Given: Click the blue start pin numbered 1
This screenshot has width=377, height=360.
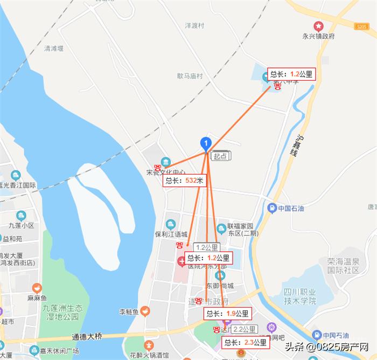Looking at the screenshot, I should (205, 143).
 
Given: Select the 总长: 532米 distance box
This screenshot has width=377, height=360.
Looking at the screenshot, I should (185, 181).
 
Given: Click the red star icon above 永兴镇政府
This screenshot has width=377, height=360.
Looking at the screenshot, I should (319, 25).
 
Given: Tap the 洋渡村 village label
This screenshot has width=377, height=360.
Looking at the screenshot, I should (194, 25).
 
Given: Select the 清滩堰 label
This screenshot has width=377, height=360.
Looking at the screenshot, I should (54, 48).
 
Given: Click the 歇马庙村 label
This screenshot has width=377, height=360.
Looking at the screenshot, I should (190, 77).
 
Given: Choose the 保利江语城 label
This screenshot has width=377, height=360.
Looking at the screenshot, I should (171, 235).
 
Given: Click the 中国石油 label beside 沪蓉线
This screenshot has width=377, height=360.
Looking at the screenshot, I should (292, 208).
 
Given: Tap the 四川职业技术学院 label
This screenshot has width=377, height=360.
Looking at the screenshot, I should (298, 296).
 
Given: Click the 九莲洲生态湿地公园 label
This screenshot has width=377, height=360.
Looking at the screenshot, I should (63, 312).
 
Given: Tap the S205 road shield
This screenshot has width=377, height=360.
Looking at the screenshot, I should (361, 26).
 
